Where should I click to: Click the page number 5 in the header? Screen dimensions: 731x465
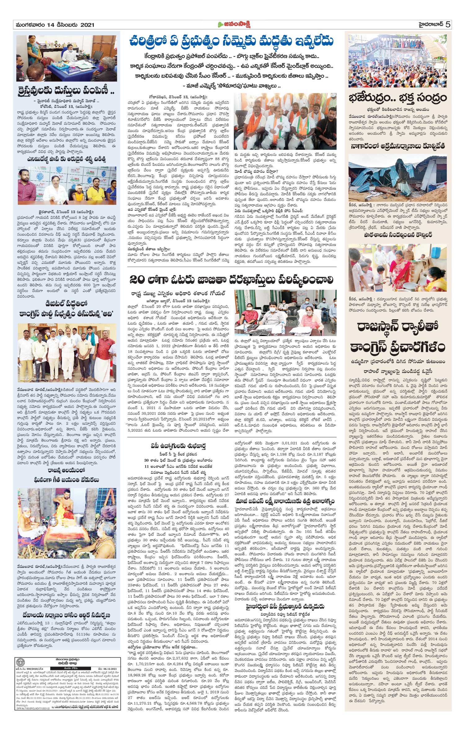[x=448, y=25]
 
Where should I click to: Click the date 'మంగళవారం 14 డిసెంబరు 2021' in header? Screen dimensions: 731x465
[x=54, y=25]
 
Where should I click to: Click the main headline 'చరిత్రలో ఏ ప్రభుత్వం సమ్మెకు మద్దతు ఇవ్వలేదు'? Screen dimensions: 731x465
[x=232, y=42]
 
